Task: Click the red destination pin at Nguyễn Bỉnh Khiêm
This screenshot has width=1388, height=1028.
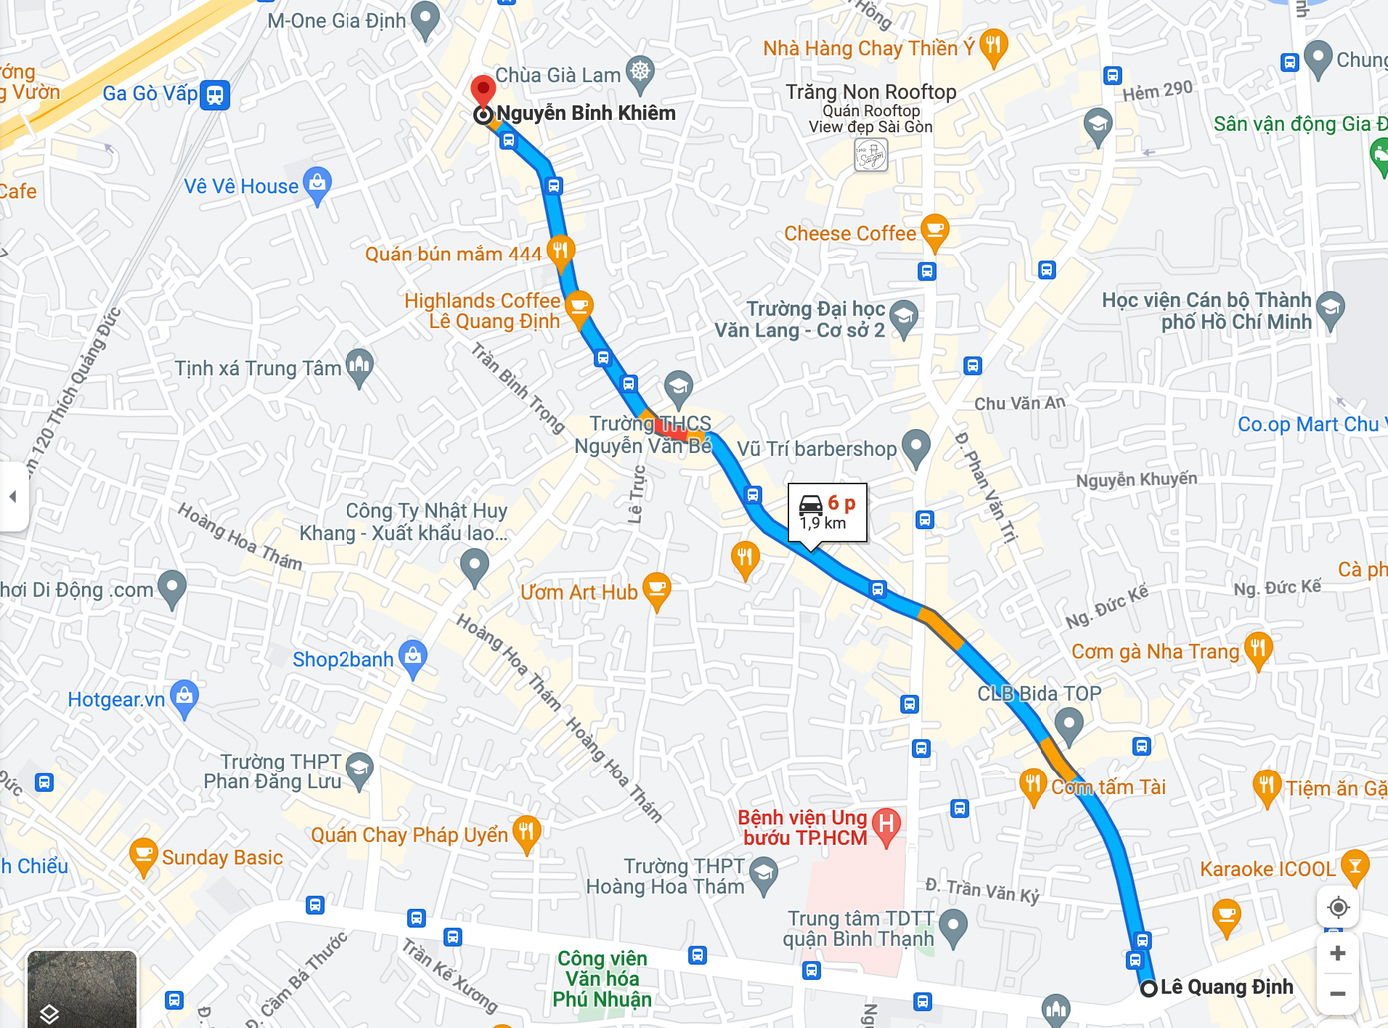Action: click(x=483, y=91)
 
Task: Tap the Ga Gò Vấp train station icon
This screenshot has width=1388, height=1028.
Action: click(x=215, y=95)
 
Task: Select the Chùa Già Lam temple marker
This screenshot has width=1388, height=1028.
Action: click(x=639, y=72)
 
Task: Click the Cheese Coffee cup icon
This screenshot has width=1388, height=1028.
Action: click(x=934, y=232)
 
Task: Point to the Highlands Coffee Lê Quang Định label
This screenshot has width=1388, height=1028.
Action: click(x=483, y=311)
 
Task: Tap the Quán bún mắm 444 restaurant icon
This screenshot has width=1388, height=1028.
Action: click(x=561, y=251)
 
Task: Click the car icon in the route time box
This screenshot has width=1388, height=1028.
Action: click(x=811, y=505)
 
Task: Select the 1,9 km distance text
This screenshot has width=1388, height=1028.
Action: click(x=823, y=523)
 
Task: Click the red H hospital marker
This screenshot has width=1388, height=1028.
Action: click(x=885, y=825)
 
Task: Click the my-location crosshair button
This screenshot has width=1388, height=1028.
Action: click(x=1338, y=908)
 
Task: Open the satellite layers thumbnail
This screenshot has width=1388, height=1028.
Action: click(x=82, y=988)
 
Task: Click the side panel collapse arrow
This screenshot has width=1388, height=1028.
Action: click(x=13, y=496)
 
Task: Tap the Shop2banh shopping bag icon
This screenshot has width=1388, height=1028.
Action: click(x=412, y=657)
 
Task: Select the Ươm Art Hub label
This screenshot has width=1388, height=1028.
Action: click(x=579, y=593)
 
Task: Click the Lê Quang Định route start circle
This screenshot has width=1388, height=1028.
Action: click(x=1149, y=988)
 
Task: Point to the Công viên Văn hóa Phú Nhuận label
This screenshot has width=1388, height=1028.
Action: click(x=602, y=979)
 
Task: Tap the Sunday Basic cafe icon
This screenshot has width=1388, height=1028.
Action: click(x=144, y=856)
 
